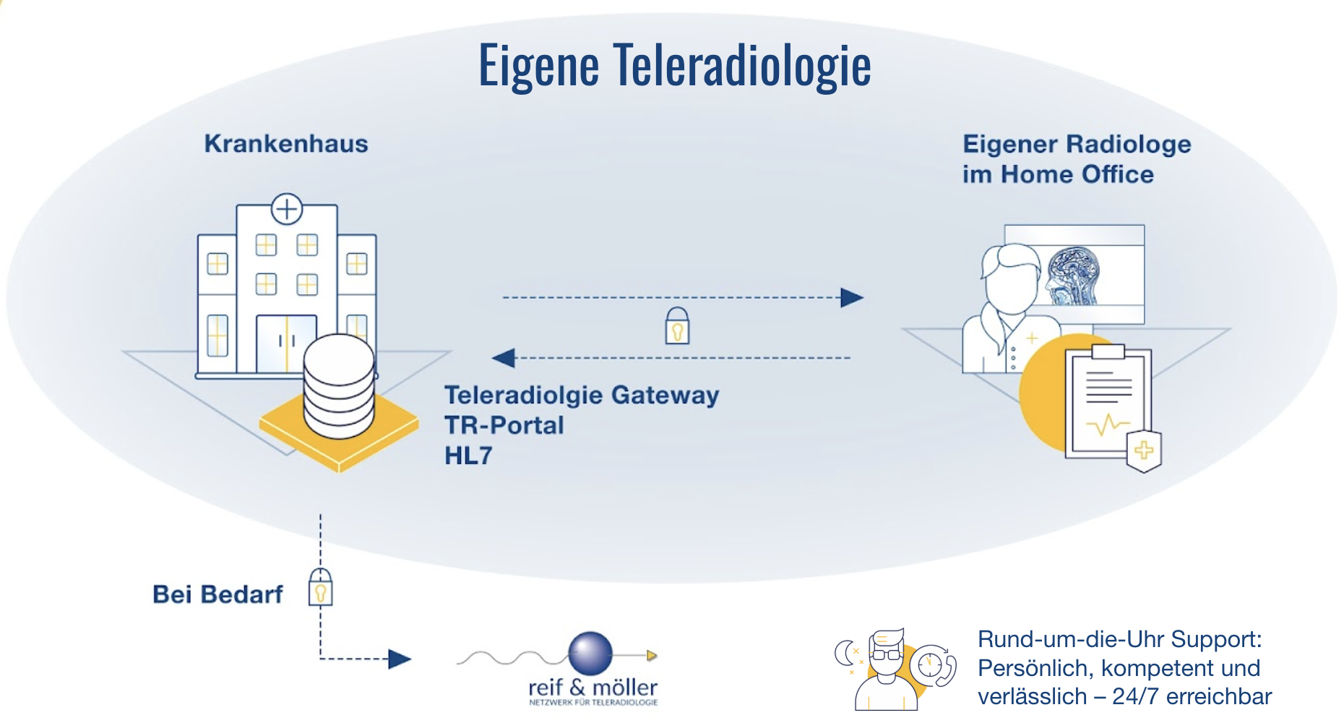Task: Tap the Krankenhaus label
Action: pos(286,143)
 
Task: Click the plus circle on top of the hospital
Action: pos(287,209)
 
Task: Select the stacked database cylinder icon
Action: pos(339,387)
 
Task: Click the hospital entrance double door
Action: pos(286,343)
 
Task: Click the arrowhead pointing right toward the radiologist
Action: pos(852,297)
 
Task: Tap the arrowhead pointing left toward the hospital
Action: pos(503,357)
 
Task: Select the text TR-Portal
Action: pos(504,425)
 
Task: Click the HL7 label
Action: pos(468,455)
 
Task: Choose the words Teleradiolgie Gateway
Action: pos(582,395)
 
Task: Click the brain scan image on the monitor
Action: pos(1074,275)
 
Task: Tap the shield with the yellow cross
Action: pos(1144,450)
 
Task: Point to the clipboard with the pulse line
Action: pos(1107,401)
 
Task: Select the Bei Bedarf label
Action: pos(217,594)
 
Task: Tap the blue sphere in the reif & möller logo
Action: pos(590,653)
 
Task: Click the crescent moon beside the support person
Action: pos(843,653)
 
